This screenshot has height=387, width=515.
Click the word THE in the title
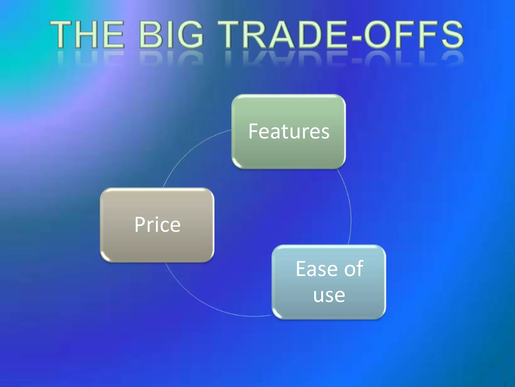[87, 35]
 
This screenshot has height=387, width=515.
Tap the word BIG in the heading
[171, 35]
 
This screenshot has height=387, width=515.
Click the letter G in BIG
[190, 35]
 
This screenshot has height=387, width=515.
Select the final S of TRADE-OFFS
[451, 35]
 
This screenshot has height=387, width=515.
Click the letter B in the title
[150, 35]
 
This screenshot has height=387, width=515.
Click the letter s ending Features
[325, 132]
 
